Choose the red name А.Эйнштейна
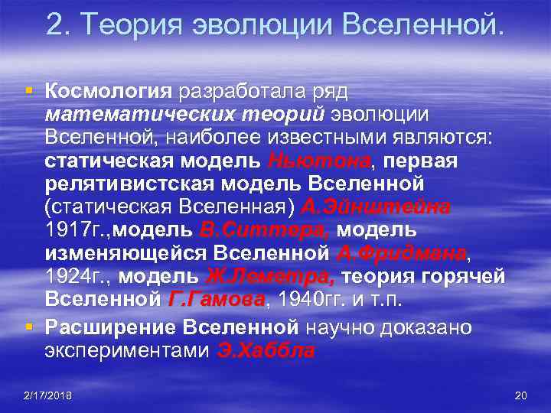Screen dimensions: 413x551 point(377,207)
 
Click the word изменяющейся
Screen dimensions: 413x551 point(125,253)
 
